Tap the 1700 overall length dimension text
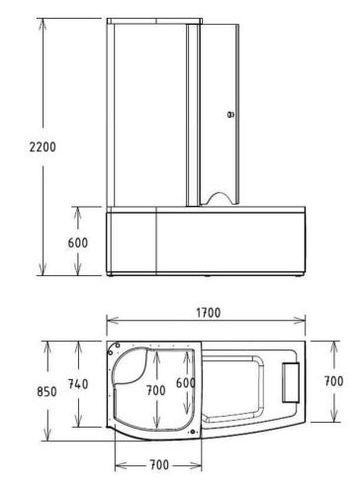[x=207, y=313]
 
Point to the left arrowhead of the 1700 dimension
[x=110, y=321]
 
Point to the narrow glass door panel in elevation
[x=221, y=109]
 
